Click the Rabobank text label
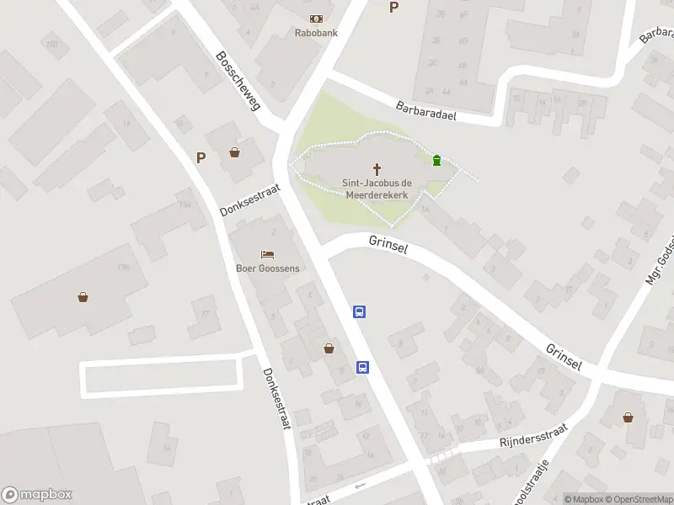(316, 33)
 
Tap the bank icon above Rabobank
(316, 19)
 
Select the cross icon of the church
(377, 168)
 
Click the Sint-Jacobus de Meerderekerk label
(377, 188)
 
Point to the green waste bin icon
(436, 160)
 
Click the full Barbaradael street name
(425, 110)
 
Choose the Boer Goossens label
(268, 268)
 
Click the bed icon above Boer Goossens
(267, 254)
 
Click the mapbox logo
(37, 495)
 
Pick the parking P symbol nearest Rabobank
(393, 8)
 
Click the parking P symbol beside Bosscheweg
(201, 157)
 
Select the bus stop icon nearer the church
(360, 312)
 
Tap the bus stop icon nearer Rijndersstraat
(363, 367)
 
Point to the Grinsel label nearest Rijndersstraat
(564, 357)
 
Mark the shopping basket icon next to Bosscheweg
(234, 152)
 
